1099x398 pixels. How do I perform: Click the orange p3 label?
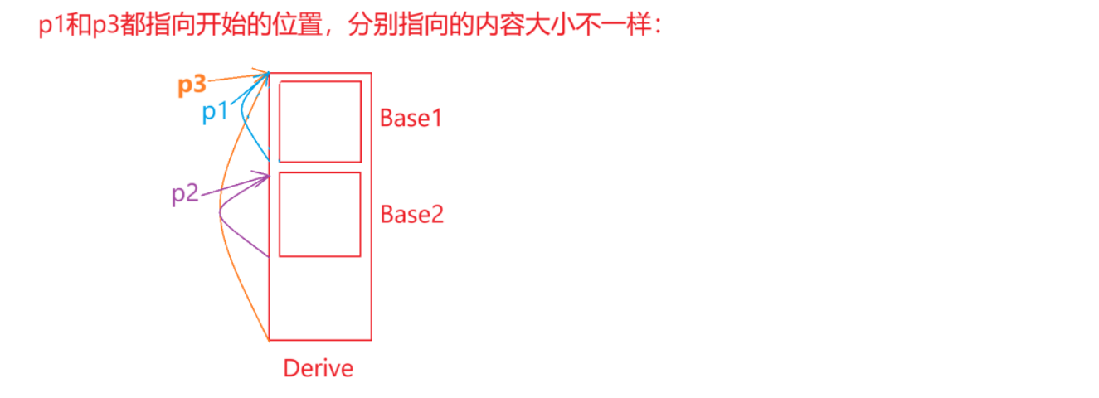192,85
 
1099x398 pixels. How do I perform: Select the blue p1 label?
215,111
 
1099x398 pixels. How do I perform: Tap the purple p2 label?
185,195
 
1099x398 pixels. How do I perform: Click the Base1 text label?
411,118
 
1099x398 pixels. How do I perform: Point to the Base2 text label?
412,214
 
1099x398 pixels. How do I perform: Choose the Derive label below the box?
319,368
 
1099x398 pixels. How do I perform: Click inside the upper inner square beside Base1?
320,121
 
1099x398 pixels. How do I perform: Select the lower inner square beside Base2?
320,215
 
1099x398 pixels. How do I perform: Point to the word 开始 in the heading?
219,26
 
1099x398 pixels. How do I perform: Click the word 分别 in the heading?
369,26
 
